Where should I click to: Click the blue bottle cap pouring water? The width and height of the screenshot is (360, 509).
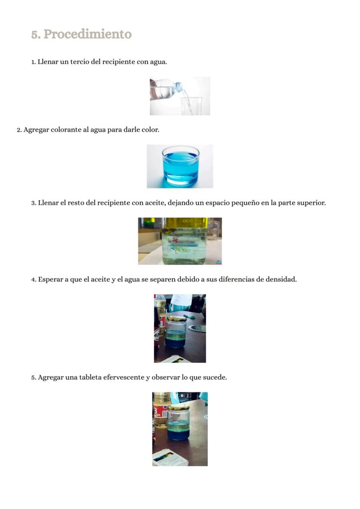[179, 87]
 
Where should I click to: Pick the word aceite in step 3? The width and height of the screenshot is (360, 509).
[154, 203]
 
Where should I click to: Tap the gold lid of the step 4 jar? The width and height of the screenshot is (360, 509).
[177, 319]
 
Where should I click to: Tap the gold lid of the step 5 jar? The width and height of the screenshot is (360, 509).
[178, 408]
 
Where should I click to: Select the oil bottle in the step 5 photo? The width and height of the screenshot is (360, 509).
[160, 411]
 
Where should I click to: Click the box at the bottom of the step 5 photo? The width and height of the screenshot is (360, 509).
[170, 458]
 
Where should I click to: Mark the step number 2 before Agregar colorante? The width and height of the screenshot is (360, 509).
[19, 130]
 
